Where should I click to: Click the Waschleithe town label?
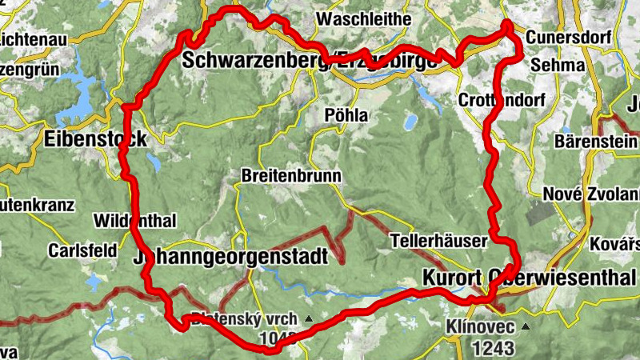pos(364,18)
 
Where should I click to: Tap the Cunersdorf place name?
pos(569,38)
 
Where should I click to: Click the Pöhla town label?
pos(346,115)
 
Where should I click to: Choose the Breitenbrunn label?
pos(291,175)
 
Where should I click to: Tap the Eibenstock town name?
pos(96,138)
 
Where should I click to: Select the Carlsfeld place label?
pos(78,249)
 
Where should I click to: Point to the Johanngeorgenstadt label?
pos(231,258)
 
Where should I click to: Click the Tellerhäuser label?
pos(438,240)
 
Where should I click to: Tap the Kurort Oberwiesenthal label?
pos(528,278)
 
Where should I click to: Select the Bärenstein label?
pos(596,142)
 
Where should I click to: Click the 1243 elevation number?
pos(494,348)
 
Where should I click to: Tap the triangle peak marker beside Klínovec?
pos(526,327)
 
